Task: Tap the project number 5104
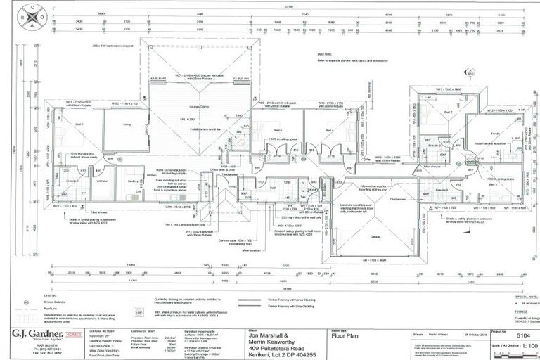(x=516, y=336)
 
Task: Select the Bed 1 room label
(x=79, y=124)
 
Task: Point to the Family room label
(x=495, y=133)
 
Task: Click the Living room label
(x=127, y=124)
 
